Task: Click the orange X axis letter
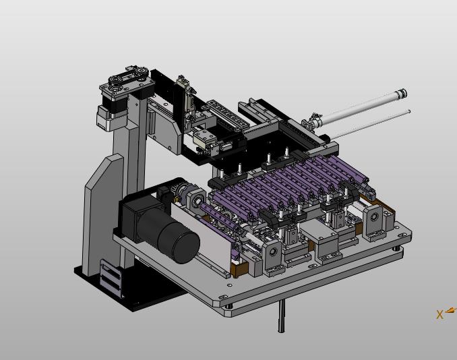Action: tap(439, 315)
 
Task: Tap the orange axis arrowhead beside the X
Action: tap(451, 310)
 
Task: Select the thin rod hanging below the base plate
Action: tap(281, 316)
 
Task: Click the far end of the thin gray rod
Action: tap(409, 111)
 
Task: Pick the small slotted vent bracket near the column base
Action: tap(110, 278)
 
